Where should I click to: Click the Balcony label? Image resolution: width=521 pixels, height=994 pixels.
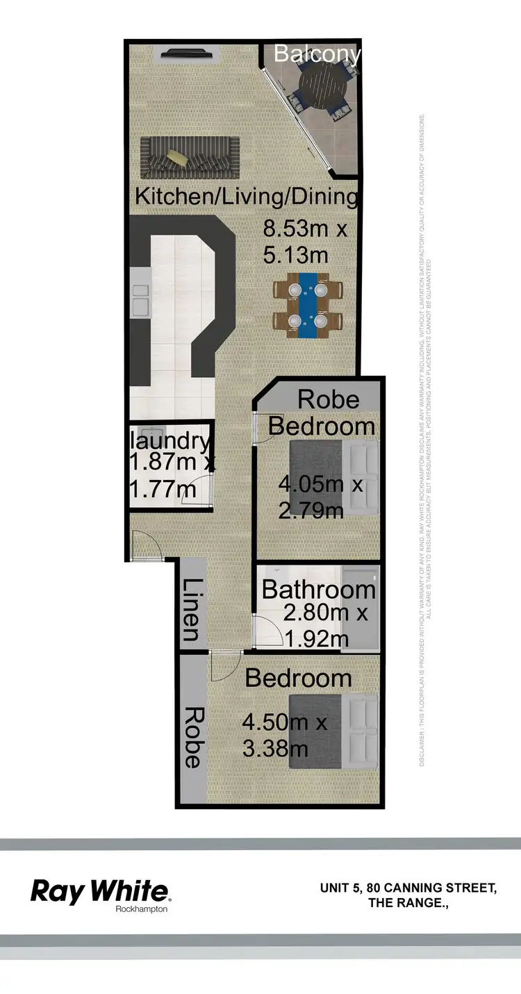(317, 53)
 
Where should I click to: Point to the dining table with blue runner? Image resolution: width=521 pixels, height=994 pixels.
(308, 306)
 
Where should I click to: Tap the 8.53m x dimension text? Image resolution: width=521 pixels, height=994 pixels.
(304, 229)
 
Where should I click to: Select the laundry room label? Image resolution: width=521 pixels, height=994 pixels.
(170, 440)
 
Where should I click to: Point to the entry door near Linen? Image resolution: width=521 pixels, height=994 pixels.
(147, 545)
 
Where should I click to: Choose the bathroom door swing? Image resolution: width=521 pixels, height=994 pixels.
(267, 631)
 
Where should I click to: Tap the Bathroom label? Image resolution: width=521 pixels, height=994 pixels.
(318, 590)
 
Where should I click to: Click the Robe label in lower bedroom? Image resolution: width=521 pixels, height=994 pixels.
(192, 737)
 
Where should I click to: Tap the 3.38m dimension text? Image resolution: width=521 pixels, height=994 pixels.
(274, 749)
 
